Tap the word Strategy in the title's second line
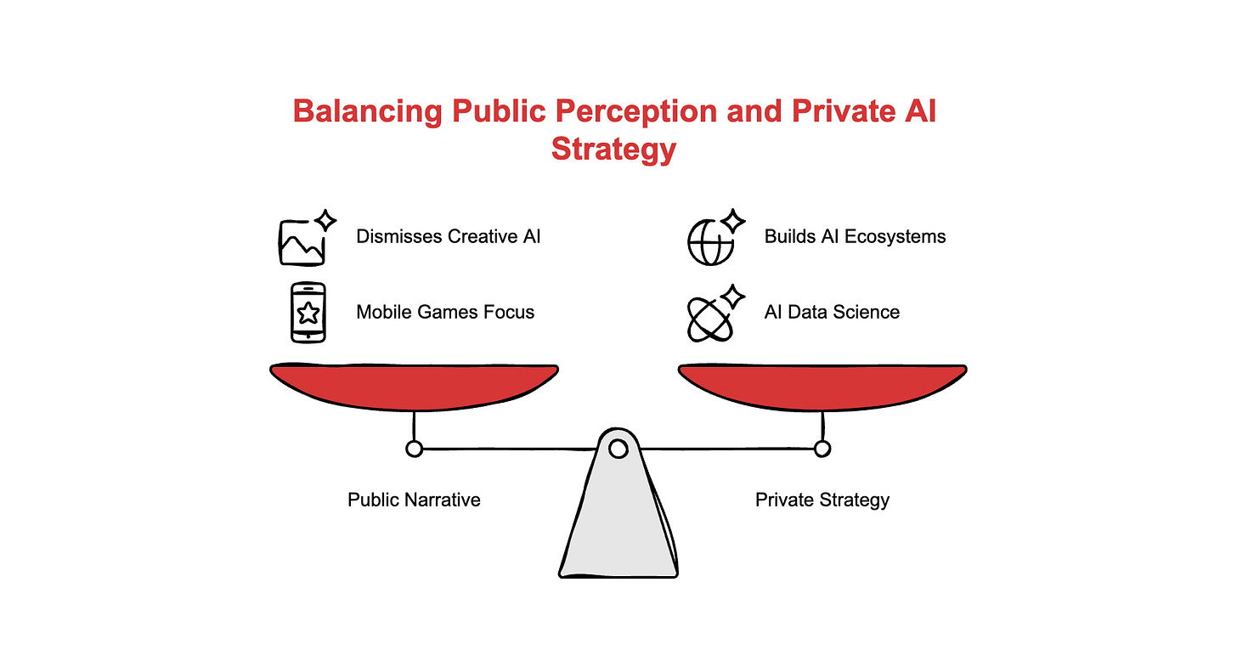[x=613, y=149]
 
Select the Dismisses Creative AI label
[x=448, y=236]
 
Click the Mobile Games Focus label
[x=445, y=312]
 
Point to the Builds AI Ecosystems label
[x=855, y=236]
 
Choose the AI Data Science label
[x=832, y=312]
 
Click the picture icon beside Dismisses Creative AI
[x=302, y=241]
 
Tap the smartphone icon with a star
[x=308, y=313]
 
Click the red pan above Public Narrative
[x=414, y=387]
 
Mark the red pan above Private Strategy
[x=822, y=387]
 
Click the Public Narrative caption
[x=414, y=500]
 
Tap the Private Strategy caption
[x=822, y=500]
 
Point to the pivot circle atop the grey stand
[x=618, y=447]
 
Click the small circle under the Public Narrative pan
[x=414, y=448]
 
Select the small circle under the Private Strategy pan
[x=822, y=448]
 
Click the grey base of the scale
[x=618, y=527]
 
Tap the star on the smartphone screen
[x=308, y=314]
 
